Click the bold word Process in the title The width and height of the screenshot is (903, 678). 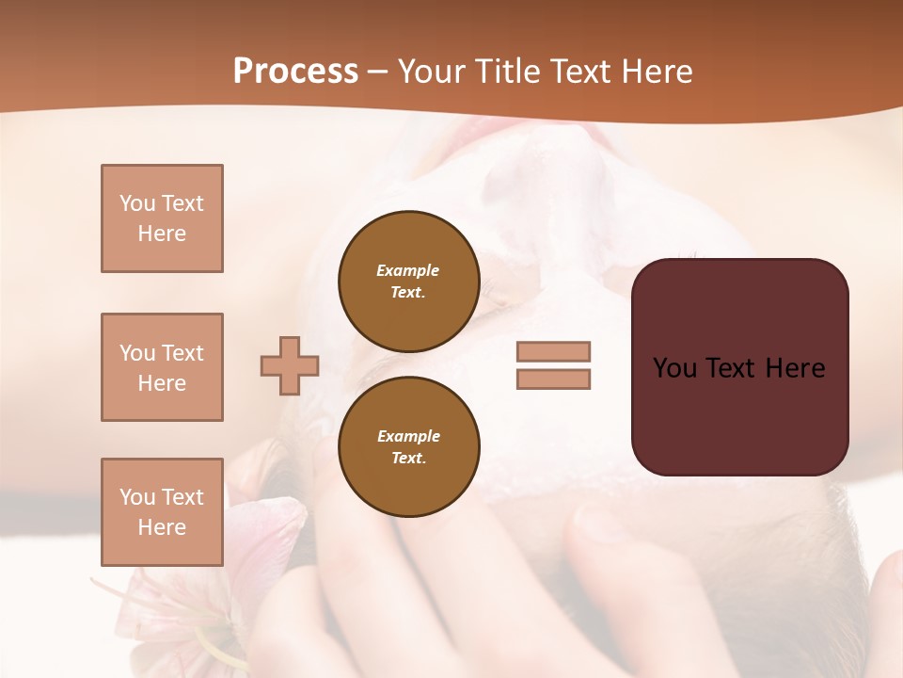click(x=295, y=71)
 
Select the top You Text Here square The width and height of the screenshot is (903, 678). click(x=162, y=218)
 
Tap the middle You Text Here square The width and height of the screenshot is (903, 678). click(x=162, y=367)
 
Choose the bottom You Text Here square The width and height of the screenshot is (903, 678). click(x=162, y=512)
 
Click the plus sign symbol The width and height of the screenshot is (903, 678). click(x=290, y=365)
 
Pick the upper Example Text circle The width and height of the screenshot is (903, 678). click(x=408, y=281)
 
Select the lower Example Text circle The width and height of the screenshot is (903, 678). click(x=408, y=446)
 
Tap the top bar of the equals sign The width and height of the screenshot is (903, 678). click(x=553, y=351)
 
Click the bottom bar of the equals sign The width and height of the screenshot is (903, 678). click(x=553, y=379)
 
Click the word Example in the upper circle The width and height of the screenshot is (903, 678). click(x=407, y=270)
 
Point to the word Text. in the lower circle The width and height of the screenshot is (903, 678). click(x=408, y=458)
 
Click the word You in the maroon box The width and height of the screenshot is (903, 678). click(x=675, y=368)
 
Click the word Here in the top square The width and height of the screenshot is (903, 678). click(x=162, y=234)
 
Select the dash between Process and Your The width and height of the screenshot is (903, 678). click(x=378, y=72)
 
